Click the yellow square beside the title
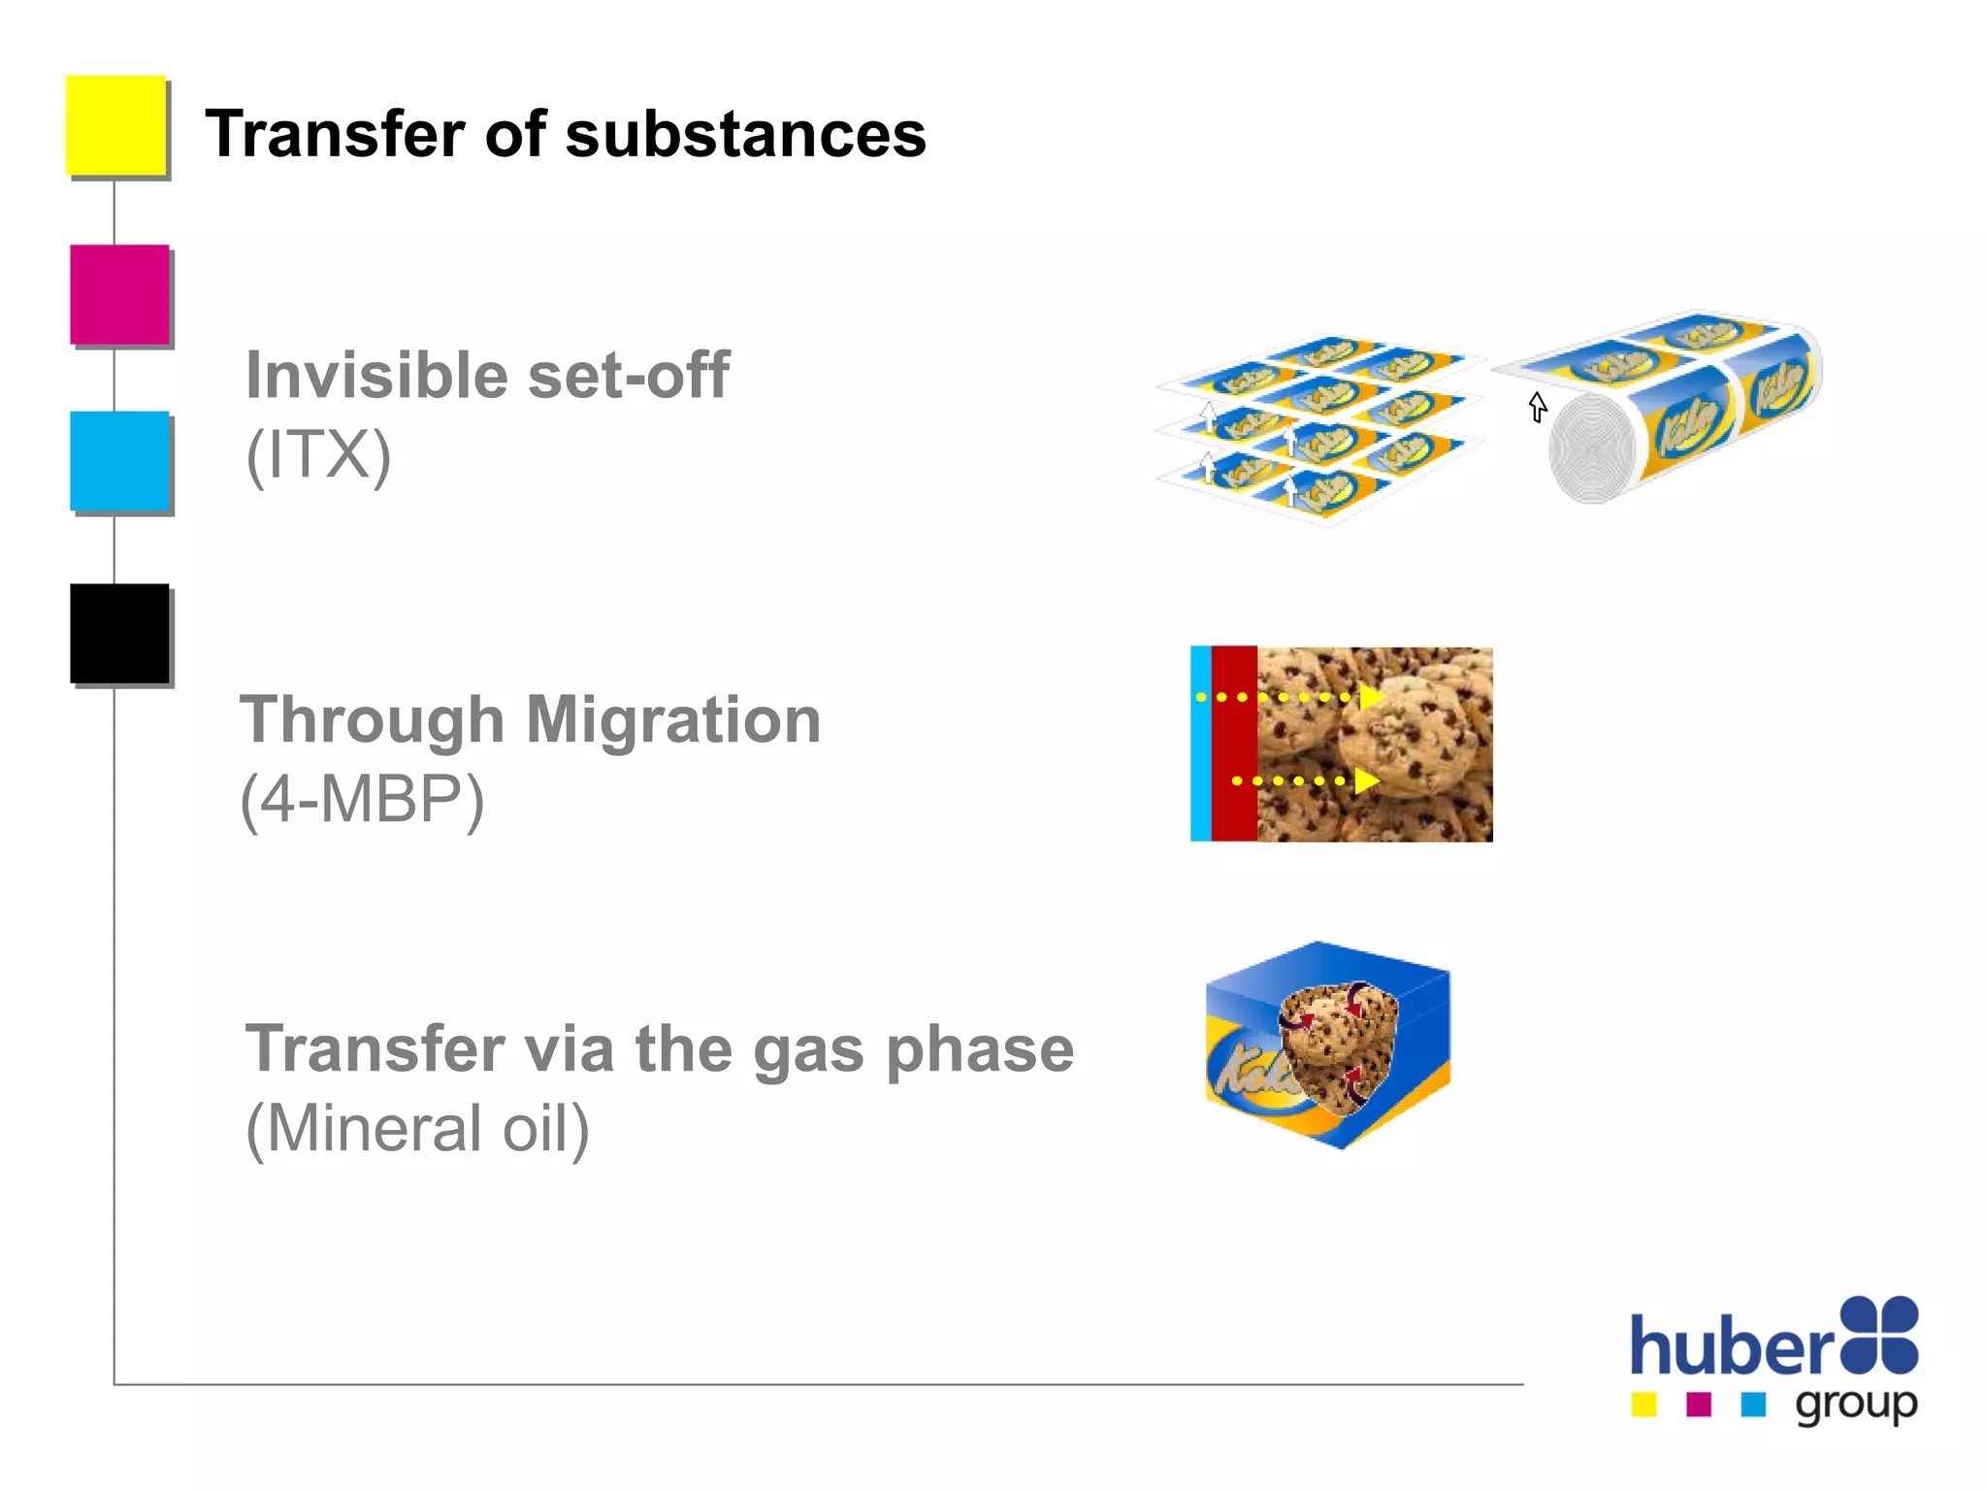pyautogui.click(x=115, y=125)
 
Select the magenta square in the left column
pyautogui.click(x=119, y=294)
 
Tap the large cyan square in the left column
pyautogui.click(x=119, y=461)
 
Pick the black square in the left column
pyautogui.click(x=119, y=634)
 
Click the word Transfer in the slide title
pyautogui.click(x=336, y=134)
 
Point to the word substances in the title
pyautogui.click(x=745, y=134)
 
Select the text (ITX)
pyautogui.click(x=318, y=454)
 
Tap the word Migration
pyautogui.click(x=673, y=720)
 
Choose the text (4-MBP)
pyautogui.click(x=362, y=800)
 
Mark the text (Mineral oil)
pyautogui.click(x=417, y=1129)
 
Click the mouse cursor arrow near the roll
pyautogui.click(x=1538, y=407)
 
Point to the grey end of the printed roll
pyautogui.click(x=1591, y=448)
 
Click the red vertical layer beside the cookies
pyautogui.click(x=1234, y=744)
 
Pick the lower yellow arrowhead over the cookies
pyautogui.click(x=1366, y=780)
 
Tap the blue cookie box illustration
pyautogui.click(x=1327, y=1044)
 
